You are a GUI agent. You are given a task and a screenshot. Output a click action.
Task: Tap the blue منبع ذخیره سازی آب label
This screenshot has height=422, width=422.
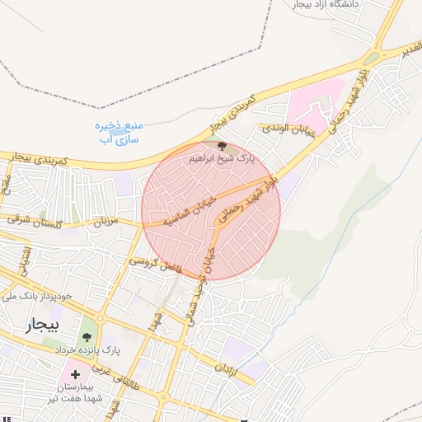pyautogui.click(x=119, y=132)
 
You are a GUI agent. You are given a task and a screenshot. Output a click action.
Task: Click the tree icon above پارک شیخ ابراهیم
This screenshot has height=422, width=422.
pyautogui.click(x=220, y=145)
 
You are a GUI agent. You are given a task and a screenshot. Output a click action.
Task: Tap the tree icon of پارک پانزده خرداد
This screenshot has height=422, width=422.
pyautogui.click(x=87, y=335)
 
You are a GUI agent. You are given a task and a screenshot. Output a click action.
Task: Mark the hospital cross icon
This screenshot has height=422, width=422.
pyautogui.click(x=76, y=374)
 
